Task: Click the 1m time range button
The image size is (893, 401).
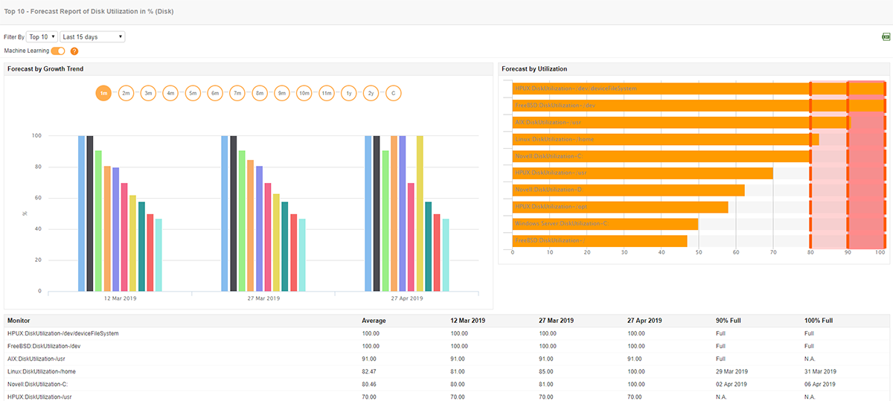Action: pyautogui.click(x=103, y=93)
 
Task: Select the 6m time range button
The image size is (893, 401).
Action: pyautogui.click(x=215, y=93)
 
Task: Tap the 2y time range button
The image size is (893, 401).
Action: pyautogui.click(x=371, y=93)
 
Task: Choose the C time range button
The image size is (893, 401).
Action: pyautogui.click(x=393, y=93)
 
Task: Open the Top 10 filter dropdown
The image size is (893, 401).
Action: pyautogui.click(x=42, y=36)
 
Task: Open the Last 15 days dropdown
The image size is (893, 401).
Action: pyautogui.click(x=92, y=36)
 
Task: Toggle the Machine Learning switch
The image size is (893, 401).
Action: pyautogui.click(x=58, y=51)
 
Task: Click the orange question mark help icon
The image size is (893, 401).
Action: pyautogui.click(x=74, y=51)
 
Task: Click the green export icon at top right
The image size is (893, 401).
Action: pyautogui.click(x=886, y=36)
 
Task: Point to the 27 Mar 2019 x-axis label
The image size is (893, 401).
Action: pyautogui.click(x=263, y=298)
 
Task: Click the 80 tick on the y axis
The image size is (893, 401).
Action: pyautogui.click(x=36, y=167)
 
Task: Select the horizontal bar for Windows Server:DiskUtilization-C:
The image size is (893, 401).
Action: pyautogui.click(x=605, y=224)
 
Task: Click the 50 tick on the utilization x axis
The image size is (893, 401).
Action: pyautogui.click(x=698, y=253)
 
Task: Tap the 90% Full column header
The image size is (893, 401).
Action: pyautogui.click(x=729, y=321)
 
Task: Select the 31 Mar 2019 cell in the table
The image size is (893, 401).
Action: pyautogui.click(x=820, y=371)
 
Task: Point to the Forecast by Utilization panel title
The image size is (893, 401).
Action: pyautogui.click(x=534, y=69)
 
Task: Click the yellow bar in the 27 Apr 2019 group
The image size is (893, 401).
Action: pyautogui.click(x=420, y=214)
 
